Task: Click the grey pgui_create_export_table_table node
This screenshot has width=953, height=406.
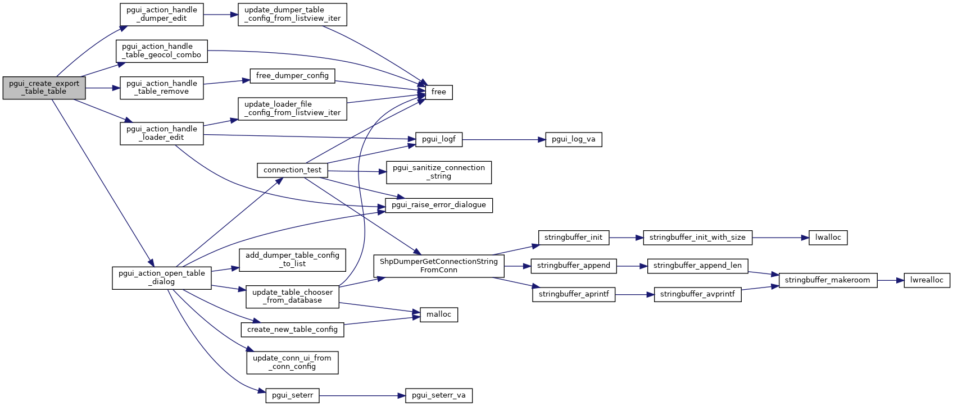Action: click(44, 88)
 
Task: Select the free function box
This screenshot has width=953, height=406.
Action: click(438, 92)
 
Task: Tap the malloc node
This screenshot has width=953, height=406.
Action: click(438, 314)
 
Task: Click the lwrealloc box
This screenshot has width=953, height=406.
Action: click(927, 280)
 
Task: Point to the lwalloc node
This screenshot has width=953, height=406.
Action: click(828, 238)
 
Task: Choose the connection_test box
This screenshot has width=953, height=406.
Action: click(292, 170)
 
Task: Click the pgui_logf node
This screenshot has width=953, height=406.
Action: click(438, 139)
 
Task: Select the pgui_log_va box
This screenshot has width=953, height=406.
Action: click(573, 139)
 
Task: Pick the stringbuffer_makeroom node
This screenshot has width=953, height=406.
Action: click(827, 280)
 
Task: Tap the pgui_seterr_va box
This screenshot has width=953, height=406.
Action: click(438, 395)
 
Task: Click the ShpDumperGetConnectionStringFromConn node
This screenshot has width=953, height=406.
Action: click(438, 266)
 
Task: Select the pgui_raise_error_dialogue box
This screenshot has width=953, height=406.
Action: click(438, 205)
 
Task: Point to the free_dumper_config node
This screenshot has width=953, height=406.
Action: click(292, 76)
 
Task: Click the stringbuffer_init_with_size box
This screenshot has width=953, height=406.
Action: click(697, 238)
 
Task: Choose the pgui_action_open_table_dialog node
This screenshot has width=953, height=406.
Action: click(162, 277)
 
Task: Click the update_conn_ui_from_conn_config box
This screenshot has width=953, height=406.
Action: click(292, 362)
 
